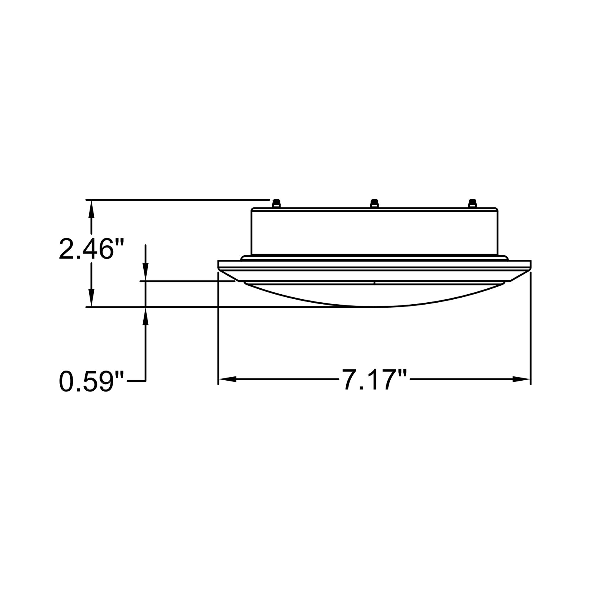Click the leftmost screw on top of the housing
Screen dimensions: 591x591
point(276,203)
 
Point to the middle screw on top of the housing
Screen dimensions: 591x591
point(374,203)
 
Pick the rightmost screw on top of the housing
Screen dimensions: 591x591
point(473,203)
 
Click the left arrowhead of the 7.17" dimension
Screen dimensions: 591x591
point(228,379)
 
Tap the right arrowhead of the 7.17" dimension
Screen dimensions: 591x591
point(521,379)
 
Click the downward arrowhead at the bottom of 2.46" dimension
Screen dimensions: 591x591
point(91,298)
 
